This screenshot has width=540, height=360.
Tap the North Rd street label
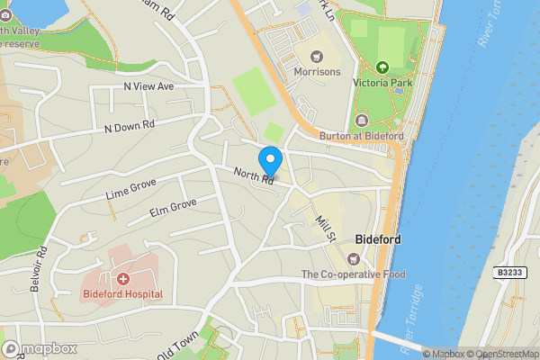[x=253, y=177]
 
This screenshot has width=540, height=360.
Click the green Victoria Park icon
[x=382, y=67]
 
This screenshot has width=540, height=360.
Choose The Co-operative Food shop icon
[x=353, y=259]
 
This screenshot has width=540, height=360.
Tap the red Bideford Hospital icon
[x=122, y=277]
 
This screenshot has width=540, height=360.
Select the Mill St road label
[x=325, y=227]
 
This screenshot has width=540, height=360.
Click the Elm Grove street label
[x=172, y=210]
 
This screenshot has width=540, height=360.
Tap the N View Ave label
[x=148, y=86]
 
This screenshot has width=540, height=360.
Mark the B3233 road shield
[x=510, y=271]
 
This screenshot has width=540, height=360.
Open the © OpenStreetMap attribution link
[x=501, y=354]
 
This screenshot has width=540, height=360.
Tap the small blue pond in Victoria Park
[x=399, y=90]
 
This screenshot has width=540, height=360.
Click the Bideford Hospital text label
[x=122, y=294]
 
